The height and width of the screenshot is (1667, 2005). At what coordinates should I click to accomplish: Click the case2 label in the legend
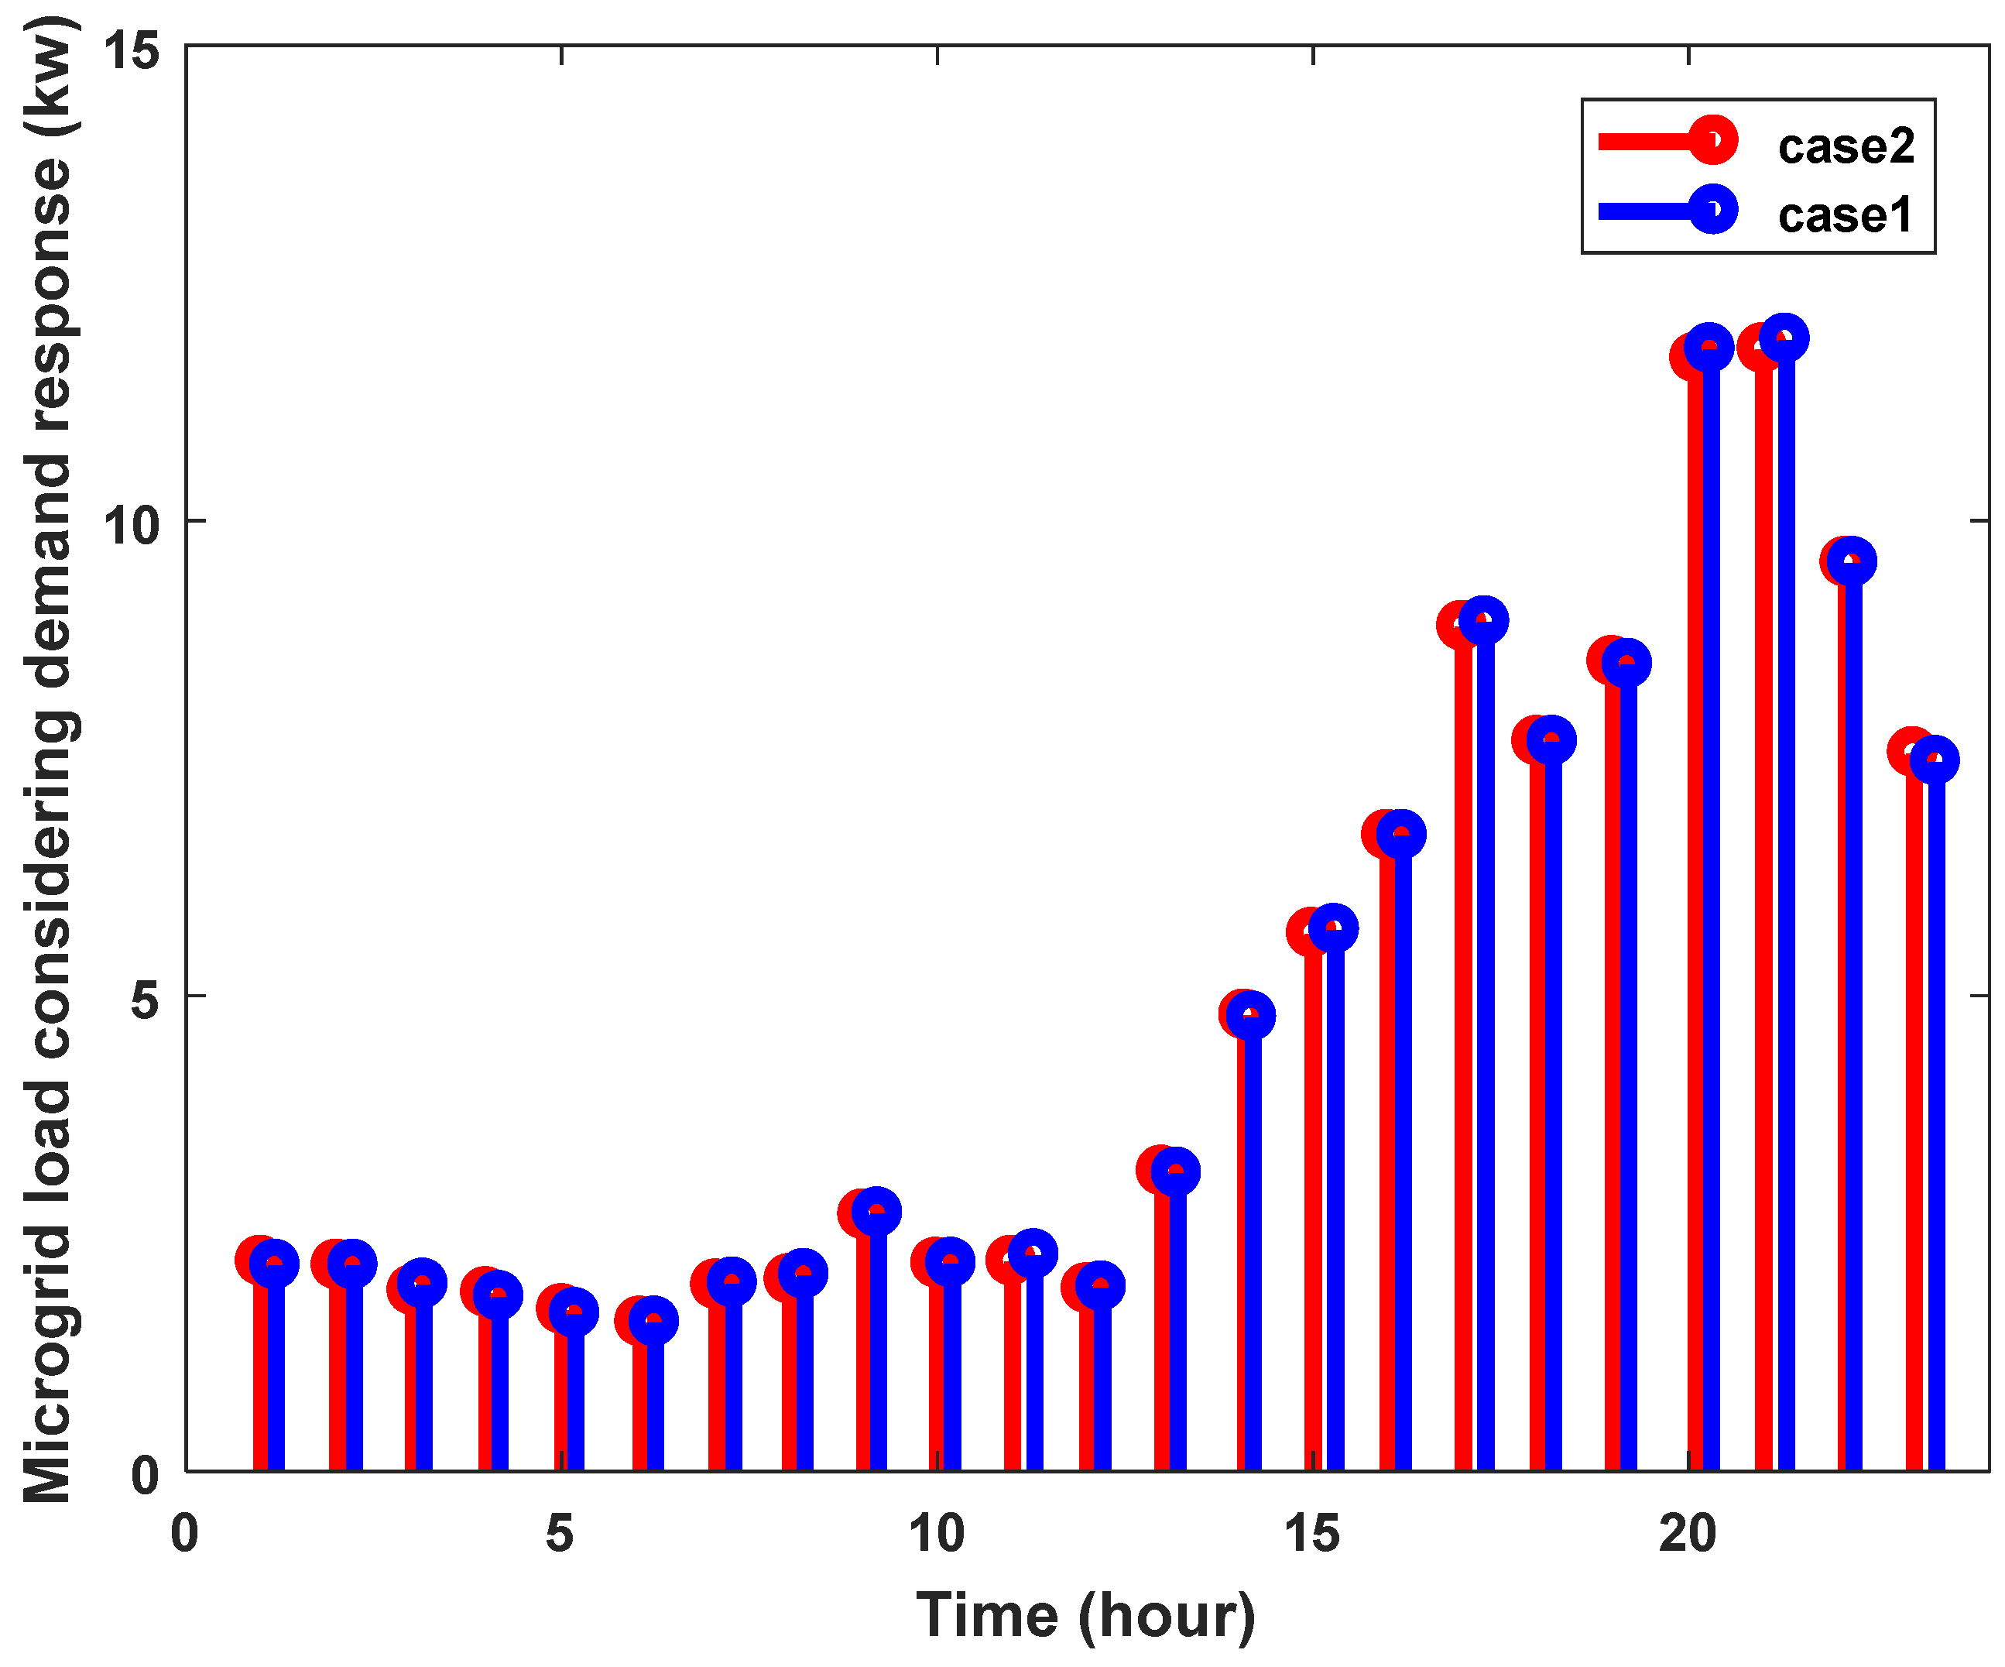point(1846,146)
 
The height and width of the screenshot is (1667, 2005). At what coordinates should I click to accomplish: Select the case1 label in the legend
point(1845,214)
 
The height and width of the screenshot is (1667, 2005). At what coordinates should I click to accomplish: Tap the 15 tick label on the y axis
point(131,50)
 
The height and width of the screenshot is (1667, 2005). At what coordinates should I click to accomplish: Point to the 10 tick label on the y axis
point(131,524)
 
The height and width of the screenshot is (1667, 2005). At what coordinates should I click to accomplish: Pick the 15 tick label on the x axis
point(1312,1535)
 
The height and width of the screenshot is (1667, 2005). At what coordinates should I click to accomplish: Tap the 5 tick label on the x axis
point(560,1535)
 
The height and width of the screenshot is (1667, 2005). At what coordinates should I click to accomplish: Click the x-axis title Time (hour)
point(1085,1617)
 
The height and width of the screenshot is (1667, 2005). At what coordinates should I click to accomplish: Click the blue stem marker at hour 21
point(1784,338)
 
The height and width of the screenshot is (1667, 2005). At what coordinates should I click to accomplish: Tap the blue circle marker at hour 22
point(1851,561)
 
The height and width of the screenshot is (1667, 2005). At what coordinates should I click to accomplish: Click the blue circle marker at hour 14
point(1249,1015)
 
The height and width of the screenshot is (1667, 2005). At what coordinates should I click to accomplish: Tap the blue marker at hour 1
point(275,1264)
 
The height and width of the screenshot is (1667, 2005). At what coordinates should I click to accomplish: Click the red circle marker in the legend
point(1713,141)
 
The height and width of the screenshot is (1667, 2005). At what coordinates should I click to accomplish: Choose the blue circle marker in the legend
point(1713,210)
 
